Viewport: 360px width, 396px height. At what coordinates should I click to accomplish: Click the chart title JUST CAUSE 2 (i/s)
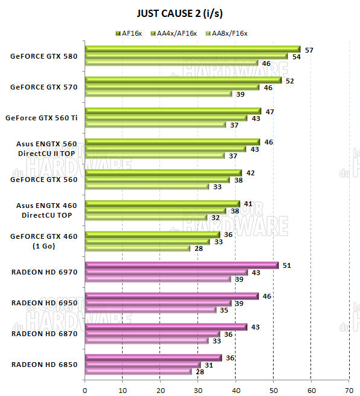179,12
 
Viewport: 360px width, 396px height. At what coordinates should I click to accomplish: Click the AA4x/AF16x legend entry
176,33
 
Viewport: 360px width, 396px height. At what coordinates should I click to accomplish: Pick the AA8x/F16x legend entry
229,33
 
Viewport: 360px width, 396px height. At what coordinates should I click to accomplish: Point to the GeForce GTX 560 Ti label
40,117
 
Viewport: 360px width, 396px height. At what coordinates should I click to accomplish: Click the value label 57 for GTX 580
309,50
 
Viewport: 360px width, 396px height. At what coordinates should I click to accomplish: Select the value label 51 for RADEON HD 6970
287,265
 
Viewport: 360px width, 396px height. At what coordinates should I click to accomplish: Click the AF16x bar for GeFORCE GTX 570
183,80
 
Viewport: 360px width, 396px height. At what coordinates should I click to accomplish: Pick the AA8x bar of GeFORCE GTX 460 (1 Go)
137,248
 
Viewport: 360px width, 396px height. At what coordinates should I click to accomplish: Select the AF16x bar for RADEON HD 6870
166,327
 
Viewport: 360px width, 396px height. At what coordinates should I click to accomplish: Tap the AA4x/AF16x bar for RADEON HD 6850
143,365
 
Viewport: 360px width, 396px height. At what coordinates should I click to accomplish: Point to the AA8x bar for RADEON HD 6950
150,310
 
